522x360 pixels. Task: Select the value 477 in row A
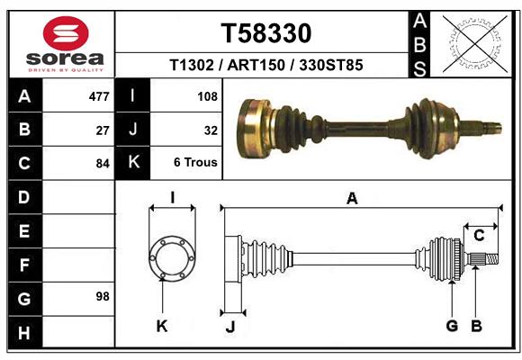pos(99,95)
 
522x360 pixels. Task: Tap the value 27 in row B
pos(103,130)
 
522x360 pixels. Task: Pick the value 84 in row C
pos(103,164)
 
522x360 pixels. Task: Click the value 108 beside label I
pos(207,95)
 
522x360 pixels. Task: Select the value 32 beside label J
pos(211,130)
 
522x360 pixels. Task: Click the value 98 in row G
pos(102,296)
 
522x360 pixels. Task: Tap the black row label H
pos(23,334)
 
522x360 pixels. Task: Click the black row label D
pos(23,196)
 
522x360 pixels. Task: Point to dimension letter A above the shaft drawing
pos(353,199)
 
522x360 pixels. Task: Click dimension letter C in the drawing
pos(480,235)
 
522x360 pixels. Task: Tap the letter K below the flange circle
pos(162,326)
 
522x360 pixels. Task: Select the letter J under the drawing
pos(229,326)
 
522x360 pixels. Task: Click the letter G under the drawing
pos(453,326)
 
